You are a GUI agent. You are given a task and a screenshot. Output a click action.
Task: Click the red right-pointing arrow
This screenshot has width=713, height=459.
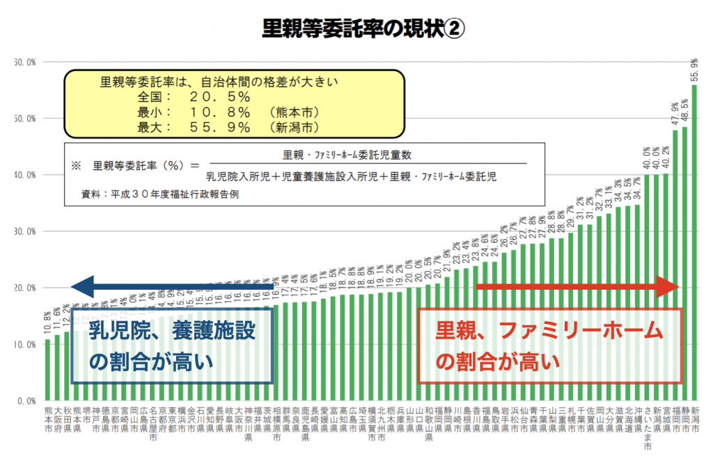click(577, 286)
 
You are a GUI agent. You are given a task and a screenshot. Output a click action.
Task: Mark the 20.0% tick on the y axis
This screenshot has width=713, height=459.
click(26, 288)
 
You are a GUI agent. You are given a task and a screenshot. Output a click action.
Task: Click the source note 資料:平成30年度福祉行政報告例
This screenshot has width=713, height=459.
click(161, 194)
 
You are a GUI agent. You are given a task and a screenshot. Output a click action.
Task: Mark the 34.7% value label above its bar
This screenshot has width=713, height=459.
click(638, 189)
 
